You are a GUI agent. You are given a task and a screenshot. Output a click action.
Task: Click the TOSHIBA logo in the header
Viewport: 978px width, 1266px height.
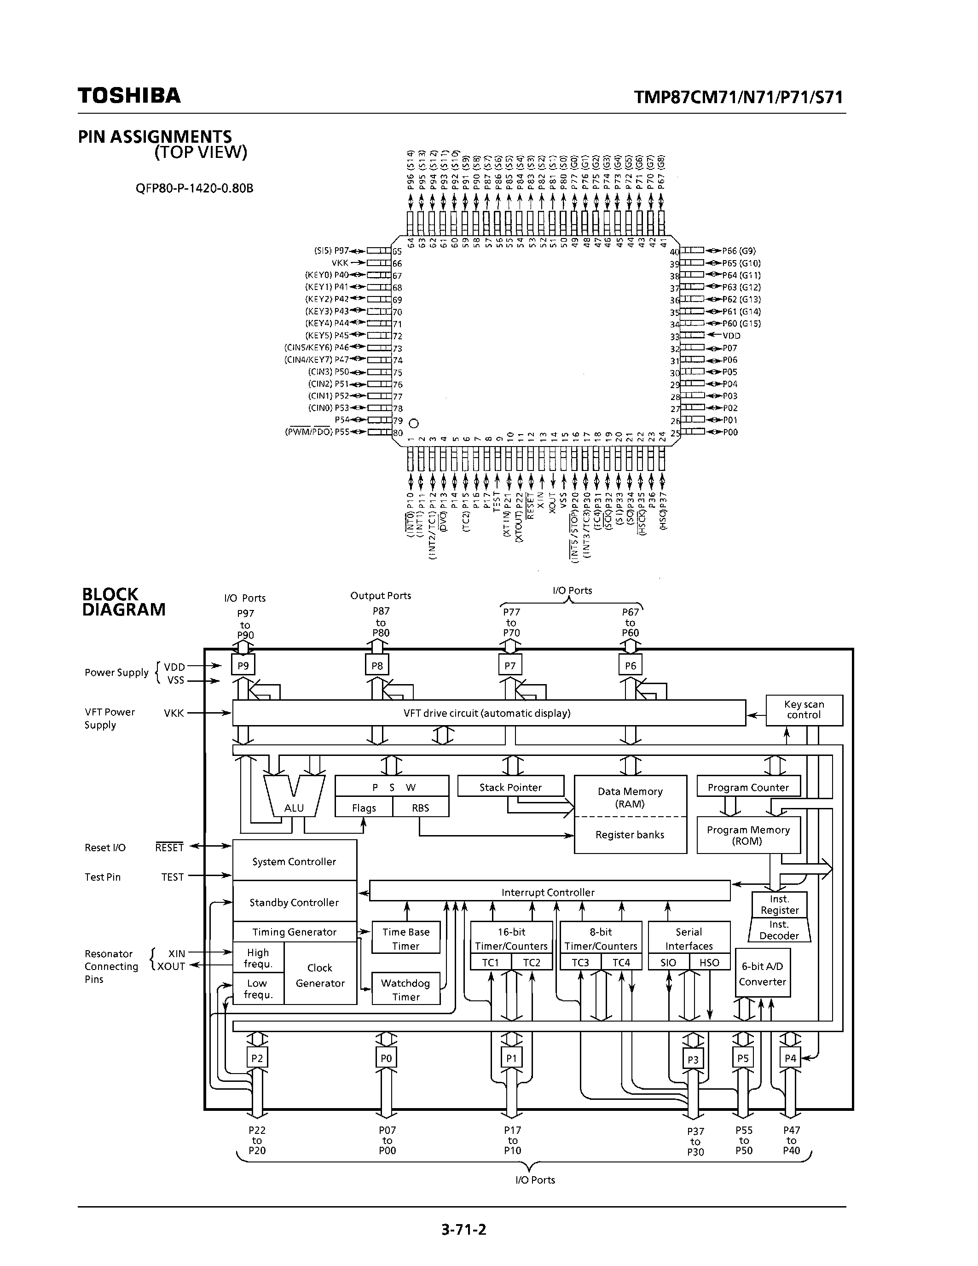tap(129, 96)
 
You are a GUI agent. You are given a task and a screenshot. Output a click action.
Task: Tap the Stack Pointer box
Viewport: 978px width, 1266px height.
tap(510, 787)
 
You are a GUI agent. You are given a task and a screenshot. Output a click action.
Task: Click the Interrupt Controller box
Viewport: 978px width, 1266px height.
tap(549, 892)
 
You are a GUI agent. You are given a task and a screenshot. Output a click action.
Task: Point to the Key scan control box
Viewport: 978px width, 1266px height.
tap(804, 709)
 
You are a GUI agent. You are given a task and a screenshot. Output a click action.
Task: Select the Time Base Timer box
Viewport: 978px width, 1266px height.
tap(405, 939)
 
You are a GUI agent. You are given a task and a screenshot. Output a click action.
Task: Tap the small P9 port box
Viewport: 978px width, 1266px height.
tap(243, 666)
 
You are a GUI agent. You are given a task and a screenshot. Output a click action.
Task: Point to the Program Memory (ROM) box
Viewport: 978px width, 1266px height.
tap(748, 835)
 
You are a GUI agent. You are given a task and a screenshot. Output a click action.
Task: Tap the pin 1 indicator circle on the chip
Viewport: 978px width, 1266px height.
tap(414, 423)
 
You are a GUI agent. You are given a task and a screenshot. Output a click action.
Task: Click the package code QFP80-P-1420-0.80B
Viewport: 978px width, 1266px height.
tap(195, 188)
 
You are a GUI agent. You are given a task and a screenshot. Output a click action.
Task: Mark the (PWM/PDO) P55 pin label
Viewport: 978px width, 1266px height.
tap(317, 432)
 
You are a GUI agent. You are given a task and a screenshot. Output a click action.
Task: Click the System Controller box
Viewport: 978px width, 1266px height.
tap(295, 861)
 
